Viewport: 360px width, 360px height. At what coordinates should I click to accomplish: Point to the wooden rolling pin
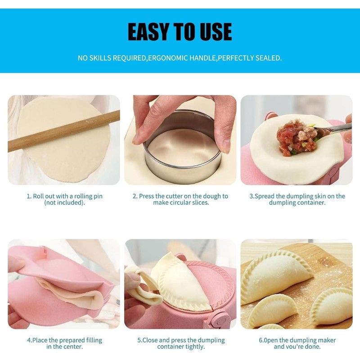[x=63, y=131]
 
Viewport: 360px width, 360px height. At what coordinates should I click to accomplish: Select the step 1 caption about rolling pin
[x=64, y=199]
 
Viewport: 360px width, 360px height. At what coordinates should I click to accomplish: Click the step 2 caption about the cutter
[x=180, y=199]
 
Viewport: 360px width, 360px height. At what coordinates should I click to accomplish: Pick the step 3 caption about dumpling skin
[x=297, y=199]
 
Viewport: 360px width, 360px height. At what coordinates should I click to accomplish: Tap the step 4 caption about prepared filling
[x=64, y=343]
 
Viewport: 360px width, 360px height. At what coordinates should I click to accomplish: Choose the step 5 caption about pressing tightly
[x=181, y=343]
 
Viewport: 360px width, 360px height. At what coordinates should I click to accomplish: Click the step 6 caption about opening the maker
[x=297, y=343]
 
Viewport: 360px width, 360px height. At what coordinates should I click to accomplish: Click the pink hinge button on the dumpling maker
[x=220, y=320]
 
